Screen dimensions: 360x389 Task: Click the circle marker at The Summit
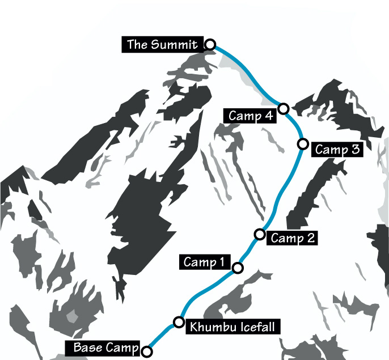(x=210, y=44)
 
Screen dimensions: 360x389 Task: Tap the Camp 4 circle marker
(x=284, y=108)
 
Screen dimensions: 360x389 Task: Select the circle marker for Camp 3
(x=303, y=143)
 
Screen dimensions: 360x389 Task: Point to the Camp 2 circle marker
(x=260, y=234)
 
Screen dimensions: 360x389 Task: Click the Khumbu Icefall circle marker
(x=179, y=322)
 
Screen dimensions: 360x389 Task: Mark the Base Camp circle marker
(x=147, y=351)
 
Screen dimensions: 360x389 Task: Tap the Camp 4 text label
(x=251, y=116)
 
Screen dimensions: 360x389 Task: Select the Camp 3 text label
(x=337, y=150)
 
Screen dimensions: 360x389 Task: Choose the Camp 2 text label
(x=293, y=238)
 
